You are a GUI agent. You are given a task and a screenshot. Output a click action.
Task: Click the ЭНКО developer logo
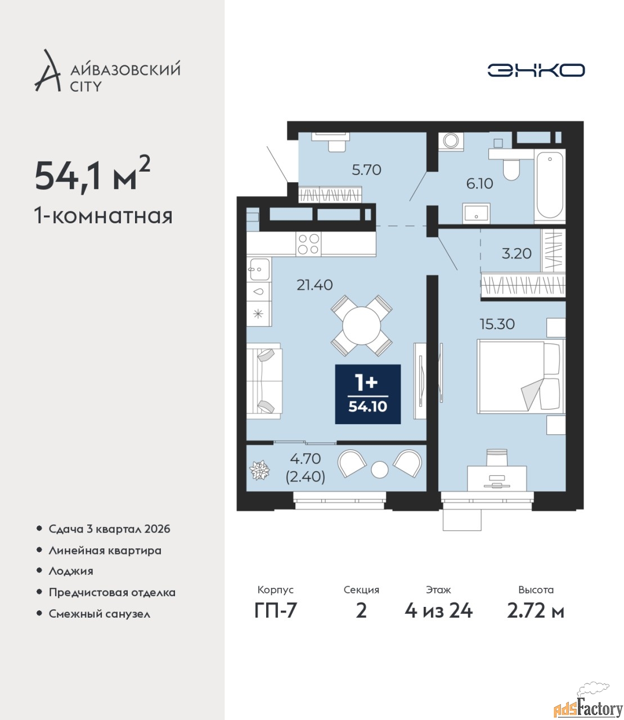(x=536, y=70)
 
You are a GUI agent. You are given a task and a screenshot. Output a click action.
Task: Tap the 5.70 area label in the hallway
(x=366, y=170)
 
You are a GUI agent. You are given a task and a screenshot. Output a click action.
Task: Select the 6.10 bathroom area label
(x=479, y=183)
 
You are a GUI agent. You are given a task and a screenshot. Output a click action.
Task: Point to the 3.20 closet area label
(x=517, y=254)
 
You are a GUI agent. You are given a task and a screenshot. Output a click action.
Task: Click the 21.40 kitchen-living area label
(x=315, y=285)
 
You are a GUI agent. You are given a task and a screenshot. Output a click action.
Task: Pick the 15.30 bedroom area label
(x=497, y=324)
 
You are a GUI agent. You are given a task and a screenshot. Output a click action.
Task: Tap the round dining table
(x=361, y=326)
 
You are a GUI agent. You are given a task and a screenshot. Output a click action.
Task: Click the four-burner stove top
(x=309, y=244)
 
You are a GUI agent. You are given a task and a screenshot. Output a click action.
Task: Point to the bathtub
(x=550, y=186)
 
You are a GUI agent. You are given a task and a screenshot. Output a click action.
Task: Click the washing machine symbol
(x=451, y=142)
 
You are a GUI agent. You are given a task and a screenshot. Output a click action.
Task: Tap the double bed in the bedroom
(x=520, y=376)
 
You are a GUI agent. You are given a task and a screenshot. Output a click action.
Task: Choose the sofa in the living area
(x=264, y=381)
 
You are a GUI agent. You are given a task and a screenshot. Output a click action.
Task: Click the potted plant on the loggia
(x=259, y=470)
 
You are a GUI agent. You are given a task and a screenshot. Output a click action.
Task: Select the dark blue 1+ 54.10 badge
(x=367, y=394)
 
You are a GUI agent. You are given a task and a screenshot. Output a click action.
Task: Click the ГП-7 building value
(x=275, y=611)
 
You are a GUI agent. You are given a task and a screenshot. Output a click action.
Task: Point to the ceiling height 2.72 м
(x=536, y=611)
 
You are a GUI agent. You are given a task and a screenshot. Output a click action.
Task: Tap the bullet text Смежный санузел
(x=99, y=614)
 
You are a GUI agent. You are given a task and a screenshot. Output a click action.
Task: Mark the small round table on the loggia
(x=379, y=470)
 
